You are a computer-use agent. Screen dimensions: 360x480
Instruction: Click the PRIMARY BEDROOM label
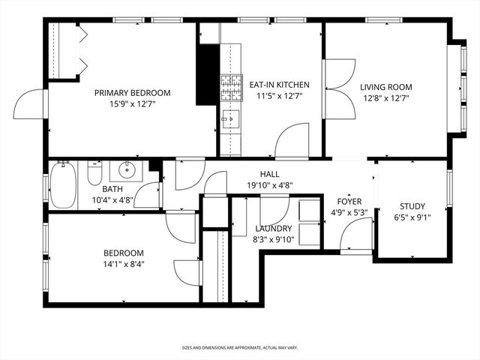[x=132, y=93]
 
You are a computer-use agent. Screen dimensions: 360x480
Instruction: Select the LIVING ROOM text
[x=385, y=86]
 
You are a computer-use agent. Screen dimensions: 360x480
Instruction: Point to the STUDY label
[x=412, y=206]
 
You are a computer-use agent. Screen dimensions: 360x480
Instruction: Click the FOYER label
[x=349, y=201]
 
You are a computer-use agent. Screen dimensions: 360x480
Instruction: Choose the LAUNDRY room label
[x=273, y=228]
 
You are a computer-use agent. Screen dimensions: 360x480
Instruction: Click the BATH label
[x=112, y=190]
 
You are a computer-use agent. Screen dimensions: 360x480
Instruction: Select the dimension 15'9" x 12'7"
[x=132, y=105]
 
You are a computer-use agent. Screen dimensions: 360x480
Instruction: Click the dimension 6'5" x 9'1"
[x=412, y=217]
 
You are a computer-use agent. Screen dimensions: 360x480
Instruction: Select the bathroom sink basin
[x=125, y=169]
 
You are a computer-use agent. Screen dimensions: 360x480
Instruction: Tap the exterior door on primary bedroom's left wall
[x=30, y=105]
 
